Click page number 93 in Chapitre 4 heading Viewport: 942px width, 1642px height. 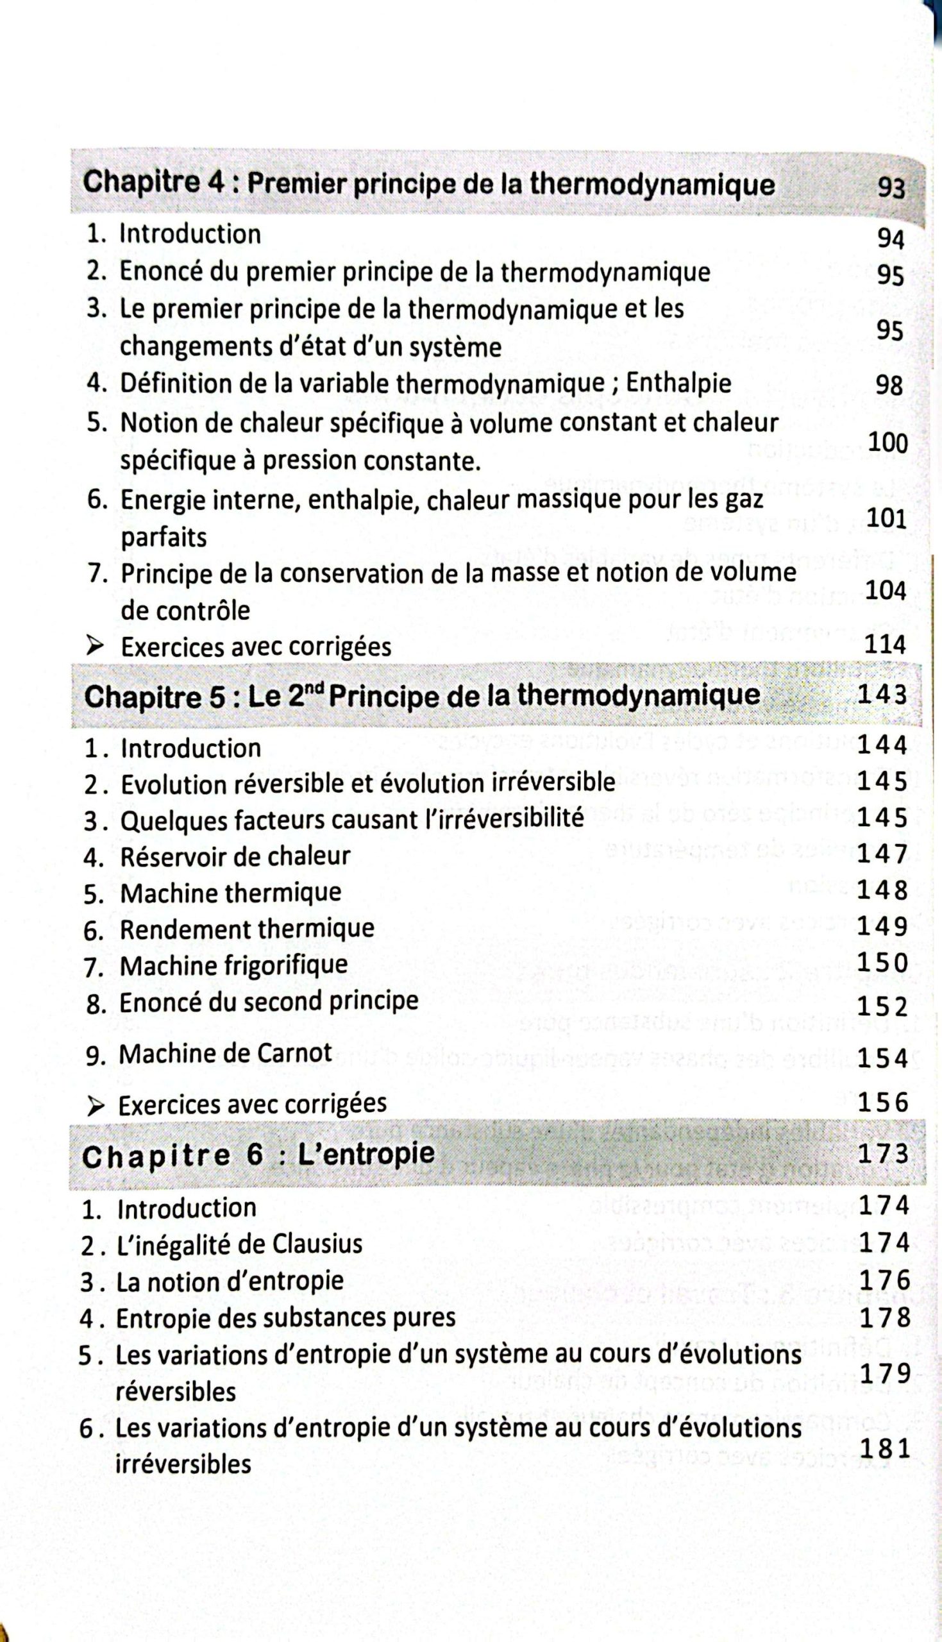click(x=890, y=188)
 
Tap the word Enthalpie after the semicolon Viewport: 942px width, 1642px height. click(x=678, y=384)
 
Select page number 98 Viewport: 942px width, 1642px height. click(x=889, y=385)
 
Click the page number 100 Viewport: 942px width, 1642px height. click(x=887, y=443)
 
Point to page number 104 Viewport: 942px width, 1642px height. click(x=885, y=590)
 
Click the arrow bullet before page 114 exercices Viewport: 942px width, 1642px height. click(x=96, y=646)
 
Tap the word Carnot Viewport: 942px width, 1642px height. click(x=294, y=1053)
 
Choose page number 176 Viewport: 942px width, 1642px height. click(x=884, y=1280)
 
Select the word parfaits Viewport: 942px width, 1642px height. click(x=164, y=537)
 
